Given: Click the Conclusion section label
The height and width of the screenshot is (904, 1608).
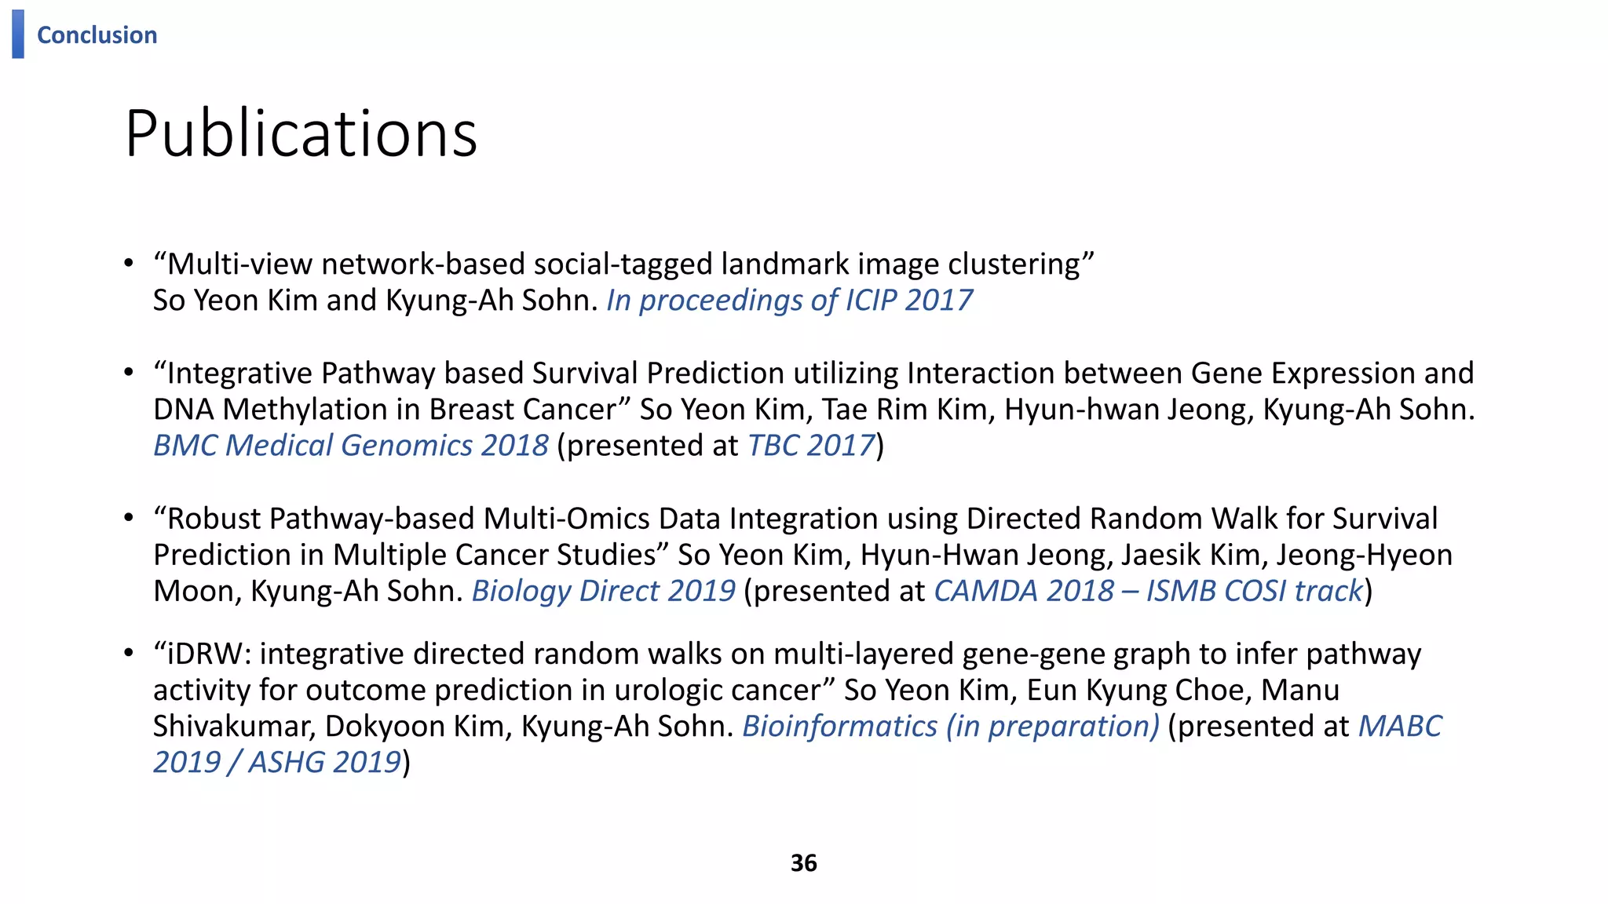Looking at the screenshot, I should click(x=97, y=35).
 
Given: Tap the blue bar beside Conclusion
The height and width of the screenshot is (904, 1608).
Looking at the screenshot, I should click(x=18, y=34).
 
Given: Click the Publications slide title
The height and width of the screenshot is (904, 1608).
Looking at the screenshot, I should click(x=301, y=133).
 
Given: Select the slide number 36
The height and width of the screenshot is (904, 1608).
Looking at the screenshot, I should click(x=803, y=863).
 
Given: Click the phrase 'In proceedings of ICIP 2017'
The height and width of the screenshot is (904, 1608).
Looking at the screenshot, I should click(x=789, y=301).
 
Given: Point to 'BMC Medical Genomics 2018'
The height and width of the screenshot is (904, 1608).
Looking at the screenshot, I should click(x=350, y=446).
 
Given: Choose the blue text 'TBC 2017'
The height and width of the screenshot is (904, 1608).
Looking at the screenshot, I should click(x=810, y=446).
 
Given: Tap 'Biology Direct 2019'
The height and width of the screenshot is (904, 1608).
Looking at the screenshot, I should click(x=603, y=591).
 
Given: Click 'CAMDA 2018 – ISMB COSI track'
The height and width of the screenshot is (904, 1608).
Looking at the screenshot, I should click(x=1148, y=591).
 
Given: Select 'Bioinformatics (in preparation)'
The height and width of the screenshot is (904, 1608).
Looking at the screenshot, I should click(x=950, y=727).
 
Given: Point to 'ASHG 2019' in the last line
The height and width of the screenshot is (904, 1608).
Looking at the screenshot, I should click(x=325, y=763).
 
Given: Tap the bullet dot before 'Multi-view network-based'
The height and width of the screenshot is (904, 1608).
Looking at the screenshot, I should click(x=129, y=264).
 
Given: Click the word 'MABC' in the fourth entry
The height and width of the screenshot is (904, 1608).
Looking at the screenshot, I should click(x=1400, y=727).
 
